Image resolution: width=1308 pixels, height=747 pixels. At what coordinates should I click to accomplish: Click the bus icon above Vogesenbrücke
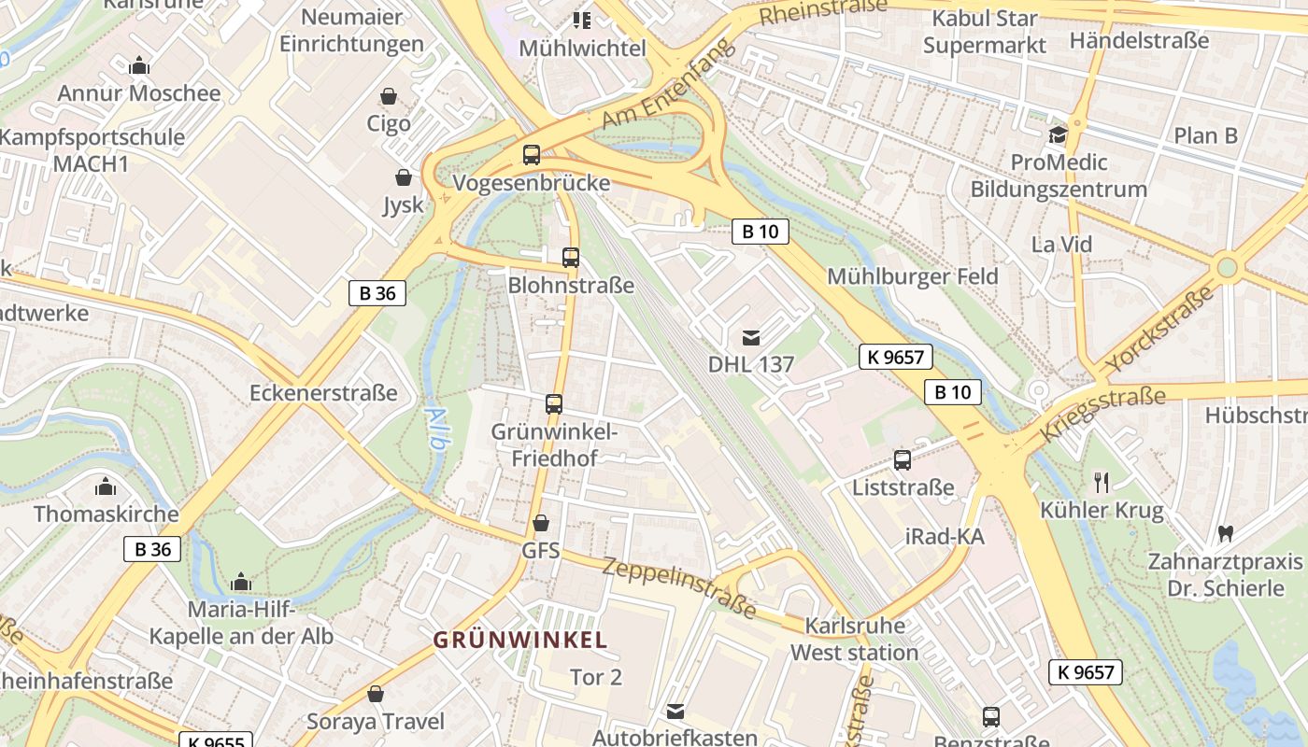531,155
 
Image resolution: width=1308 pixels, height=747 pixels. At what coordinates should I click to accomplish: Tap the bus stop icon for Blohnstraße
570,258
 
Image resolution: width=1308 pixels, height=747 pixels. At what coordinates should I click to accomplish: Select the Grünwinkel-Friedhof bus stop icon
554,404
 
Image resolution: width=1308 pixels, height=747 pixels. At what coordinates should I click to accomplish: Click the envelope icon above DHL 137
750,337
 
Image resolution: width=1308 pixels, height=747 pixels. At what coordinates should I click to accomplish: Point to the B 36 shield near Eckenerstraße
377,293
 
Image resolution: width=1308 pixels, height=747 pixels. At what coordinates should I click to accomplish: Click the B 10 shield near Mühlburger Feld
760,232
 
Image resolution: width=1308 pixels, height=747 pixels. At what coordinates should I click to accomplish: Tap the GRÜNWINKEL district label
520,641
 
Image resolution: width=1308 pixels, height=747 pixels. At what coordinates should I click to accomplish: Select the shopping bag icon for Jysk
404,177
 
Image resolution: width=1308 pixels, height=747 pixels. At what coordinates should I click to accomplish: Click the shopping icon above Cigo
389,96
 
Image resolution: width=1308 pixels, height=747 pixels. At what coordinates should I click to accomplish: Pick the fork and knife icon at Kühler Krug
1102,483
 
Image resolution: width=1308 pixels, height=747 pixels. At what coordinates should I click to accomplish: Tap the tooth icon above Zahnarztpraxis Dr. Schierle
1225,534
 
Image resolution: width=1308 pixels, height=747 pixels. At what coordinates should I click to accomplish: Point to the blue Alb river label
435,429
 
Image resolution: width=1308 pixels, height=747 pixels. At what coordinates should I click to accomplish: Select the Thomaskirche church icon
106,487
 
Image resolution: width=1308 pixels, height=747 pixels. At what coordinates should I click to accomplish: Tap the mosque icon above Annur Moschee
139,65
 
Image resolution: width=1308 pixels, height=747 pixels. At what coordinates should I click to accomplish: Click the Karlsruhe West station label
854,639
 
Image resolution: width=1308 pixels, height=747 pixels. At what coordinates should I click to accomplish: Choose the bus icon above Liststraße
902,460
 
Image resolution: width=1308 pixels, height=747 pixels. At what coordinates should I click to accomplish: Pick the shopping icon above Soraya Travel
376,694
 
